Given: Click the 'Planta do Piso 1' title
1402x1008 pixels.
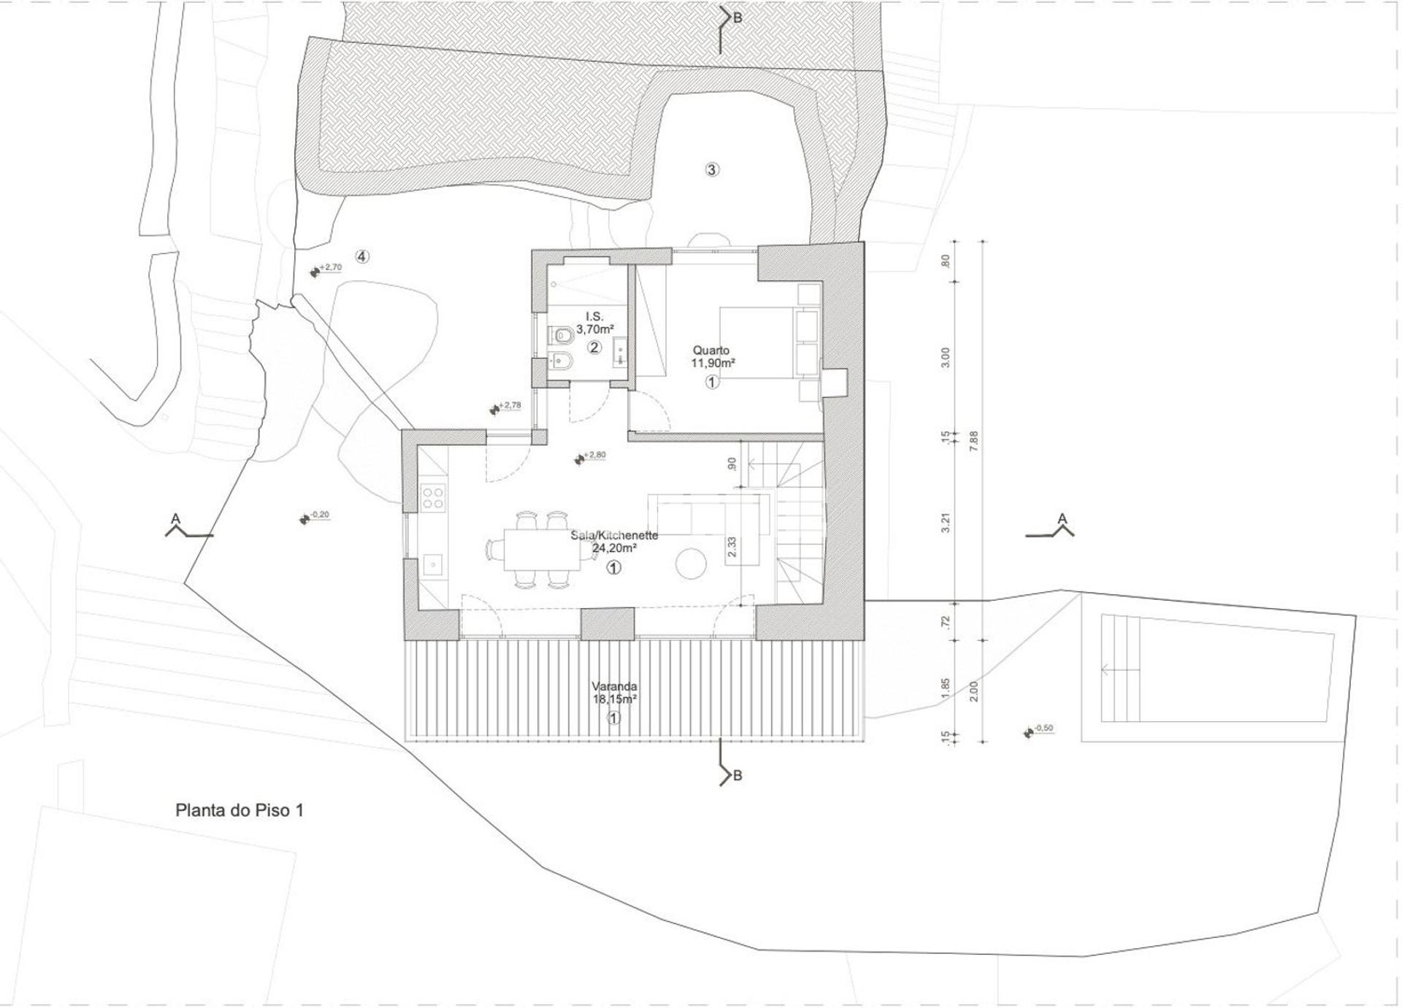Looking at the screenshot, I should pos(239,810).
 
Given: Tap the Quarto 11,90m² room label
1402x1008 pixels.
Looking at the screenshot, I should pos(713,357).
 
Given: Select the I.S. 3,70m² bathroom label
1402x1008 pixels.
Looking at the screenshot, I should pos(594,323).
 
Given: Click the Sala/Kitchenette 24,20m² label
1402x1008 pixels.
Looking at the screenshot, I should pos(614,541).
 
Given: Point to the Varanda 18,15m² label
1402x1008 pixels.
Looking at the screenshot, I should pos(614,693).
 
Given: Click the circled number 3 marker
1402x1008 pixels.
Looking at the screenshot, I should pos(712,170).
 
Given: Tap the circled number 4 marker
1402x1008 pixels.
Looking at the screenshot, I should pos(362,256).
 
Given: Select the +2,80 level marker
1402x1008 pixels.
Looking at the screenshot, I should pos(590,457).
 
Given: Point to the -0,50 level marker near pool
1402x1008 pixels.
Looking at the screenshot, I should pos(1039,729).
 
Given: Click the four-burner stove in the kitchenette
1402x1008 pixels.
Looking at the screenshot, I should pos(433,498).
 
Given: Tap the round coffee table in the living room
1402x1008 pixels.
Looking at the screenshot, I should pos(691,565).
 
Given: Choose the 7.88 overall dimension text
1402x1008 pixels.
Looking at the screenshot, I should pos(973,442).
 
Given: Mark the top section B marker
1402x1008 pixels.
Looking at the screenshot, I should pos(729,19).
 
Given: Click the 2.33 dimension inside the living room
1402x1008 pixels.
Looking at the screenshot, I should pos(732,547).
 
